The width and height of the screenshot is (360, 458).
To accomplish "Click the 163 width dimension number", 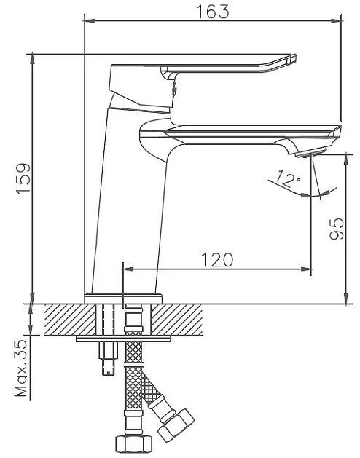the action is [x=213, y=12].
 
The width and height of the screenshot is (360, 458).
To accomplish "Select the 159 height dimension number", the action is [x=23, y=178].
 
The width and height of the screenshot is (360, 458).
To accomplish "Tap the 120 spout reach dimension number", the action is [x=217, y=260].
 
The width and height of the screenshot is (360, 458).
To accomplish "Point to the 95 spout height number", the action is [x=337, y=229].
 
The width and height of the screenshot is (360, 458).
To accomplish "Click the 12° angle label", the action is [x=288, y=178].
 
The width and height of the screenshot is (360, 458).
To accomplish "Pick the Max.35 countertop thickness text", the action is [x=21, y=368].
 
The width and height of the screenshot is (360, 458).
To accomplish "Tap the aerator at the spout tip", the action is [x=311, y=152].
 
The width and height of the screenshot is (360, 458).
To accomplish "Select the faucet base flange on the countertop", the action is [x=123, y=299].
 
